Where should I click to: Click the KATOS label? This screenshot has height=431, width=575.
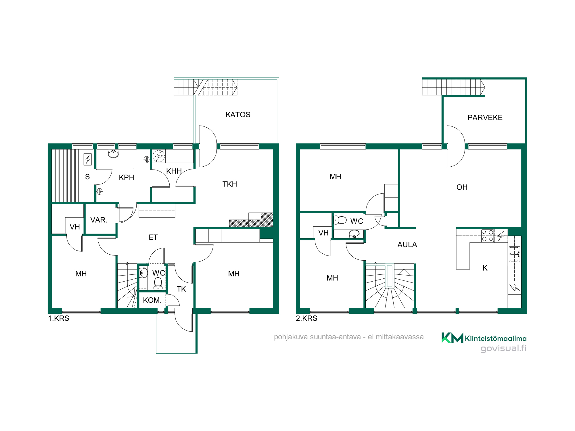click(238, 115)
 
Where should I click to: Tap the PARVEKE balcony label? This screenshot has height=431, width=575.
click(485, 118)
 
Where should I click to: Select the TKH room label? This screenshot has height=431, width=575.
click(230, 184)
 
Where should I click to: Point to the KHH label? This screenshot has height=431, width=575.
click(174, 171)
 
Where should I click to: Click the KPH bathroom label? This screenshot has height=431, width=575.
click(126, 178)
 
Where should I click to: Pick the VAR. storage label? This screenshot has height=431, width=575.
click(99, 220)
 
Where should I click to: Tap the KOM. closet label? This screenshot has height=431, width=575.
click(152, 300)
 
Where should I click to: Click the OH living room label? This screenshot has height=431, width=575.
click(462, 187)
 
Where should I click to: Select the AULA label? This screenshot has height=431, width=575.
click(407, 245)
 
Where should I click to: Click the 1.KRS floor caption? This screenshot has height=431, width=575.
click(59, 318)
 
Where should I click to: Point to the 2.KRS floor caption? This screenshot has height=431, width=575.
click(306, 318)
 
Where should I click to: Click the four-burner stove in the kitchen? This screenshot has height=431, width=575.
click(488, 236)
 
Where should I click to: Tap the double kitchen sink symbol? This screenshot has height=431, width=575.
click(514, 254)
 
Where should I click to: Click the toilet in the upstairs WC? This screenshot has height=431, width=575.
click(340, 220)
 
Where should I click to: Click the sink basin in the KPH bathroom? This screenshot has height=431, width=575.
click(113, 154)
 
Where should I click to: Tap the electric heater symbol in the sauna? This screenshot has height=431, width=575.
click(88, 159)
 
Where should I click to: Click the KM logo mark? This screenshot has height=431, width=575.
click(452, 338)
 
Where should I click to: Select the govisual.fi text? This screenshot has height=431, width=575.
click(503, 349)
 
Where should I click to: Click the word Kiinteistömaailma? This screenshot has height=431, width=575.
click(496, 338)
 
